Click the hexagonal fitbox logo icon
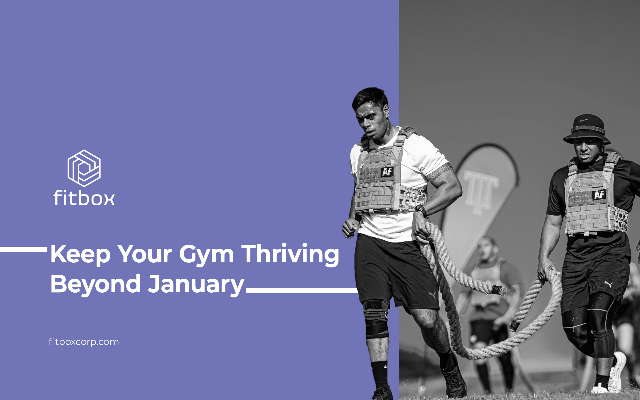pyautogui.click(x=84, y=168)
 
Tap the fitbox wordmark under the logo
pyautogui.click(x=84, y=197)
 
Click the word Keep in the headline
pyautogui.click(x=80, y=254)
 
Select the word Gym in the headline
pyautogui.click(x=206, y=255)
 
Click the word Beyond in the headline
pyautogui.click(x=95, y=284)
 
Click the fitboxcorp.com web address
pyautogui.click(x=84, y=342)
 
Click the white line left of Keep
pyautogui.click(x=23, y=250)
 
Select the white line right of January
pyautogui.click(x=302, y=290)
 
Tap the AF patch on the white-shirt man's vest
pyautogui.click(x=387, y=172)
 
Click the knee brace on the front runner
pyautogui.click(x=376, y=318)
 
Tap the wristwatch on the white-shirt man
pyautogui.click(x=421, y=210)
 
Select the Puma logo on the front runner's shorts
pyautogui.click(x=432, y=295)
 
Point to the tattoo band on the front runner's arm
pyautogui.click(x=439, y=172)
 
